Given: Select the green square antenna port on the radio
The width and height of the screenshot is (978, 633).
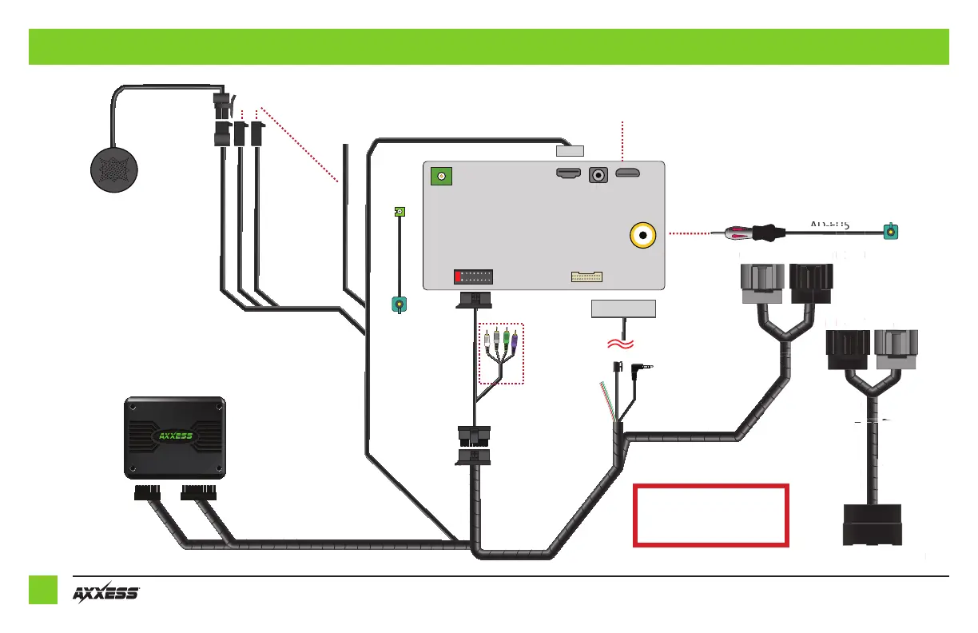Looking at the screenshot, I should [439, 177].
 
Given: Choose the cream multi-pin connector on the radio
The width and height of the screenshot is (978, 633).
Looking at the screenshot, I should [586, 277].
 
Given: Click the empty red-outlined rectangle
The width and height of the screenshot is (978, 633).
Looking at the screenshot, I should [710, 515].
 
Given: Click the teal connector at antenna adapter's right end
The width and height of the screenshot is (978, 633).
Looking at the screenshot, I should [890, 233].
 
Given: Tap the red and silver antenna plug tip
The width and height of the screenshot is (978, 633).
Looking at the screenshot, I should [731, 233].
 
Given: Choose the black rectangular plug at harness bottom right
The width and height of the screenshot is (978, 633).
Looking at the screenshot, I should [873, 525].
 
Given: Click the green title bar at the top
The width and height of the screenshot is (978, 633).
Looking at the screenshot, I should [488, 46].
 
